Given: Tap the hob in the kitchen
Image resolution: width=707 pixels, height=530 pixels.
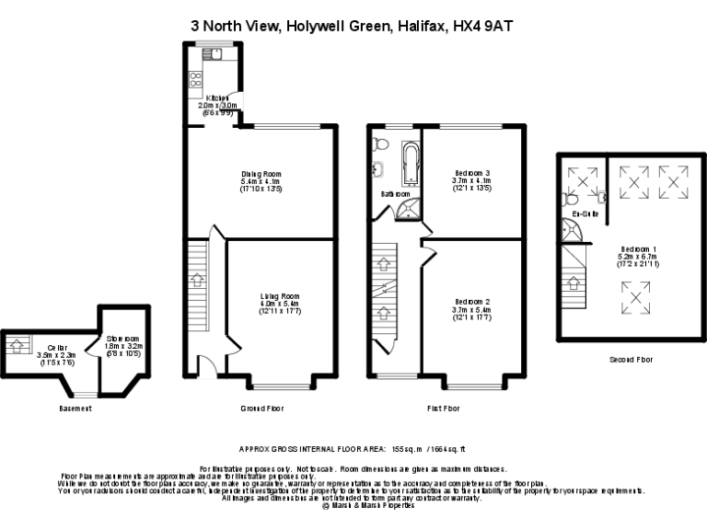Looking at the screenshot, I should pyautogui.click(x=195, y=80).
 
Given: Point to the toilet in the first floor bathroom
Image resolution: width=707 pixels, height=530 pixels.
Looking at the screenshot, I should pyautogui.click(x=382, y=144).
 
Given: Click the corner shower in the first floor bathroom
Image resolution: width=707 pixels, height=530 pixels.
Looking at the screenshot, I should pyautogui.click(x=406, y=210).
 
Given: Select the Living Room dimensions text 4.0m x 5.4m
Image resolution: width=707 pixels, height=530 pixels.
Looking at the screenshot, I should pyautogui.click(x=280, y=304).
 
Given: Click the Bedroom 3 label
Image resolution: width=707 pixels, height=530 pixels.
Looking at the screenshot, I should pyautogui.click(x=473, y=173).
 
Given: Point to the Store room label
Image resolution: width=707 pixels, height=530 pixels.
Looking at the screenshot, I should pyautogui.click(x=120, y=338).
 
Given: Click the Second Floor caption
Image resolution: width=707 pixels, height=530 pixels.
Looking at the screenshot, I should pyautogui.click(x=631, y=360).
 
